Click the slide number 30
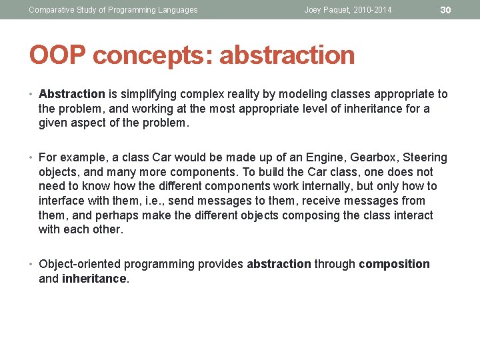coord(446,9)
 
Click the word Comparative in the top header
coord(52,10)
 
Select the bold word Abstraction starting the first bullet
coord(72,94)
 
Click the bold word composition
coord(394,264)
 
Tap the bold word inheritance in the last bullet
coord(94,279)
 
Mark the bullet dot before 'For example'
coord(32,158)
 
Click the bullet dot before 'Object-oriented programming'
coord(32,264)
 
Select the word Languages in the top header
coord(175,10)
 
